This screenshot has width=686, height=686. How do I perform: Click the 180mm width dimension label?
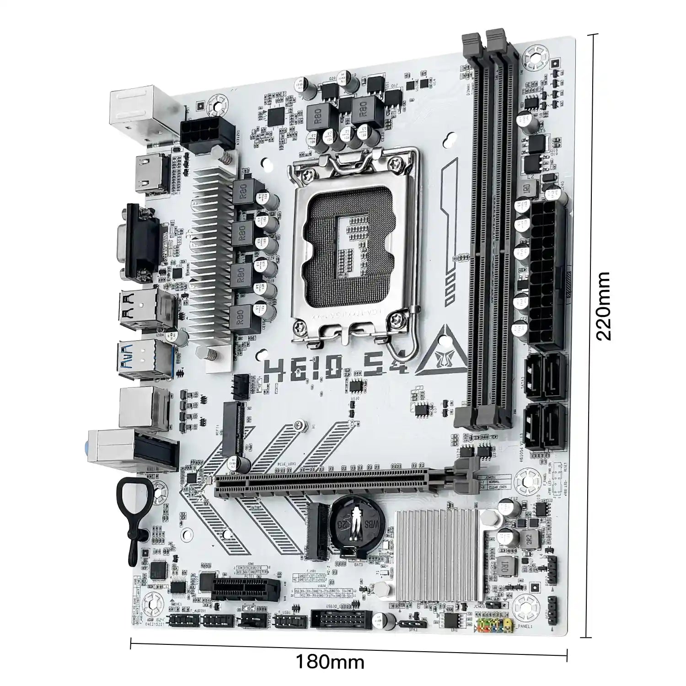tap(330, 661)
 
